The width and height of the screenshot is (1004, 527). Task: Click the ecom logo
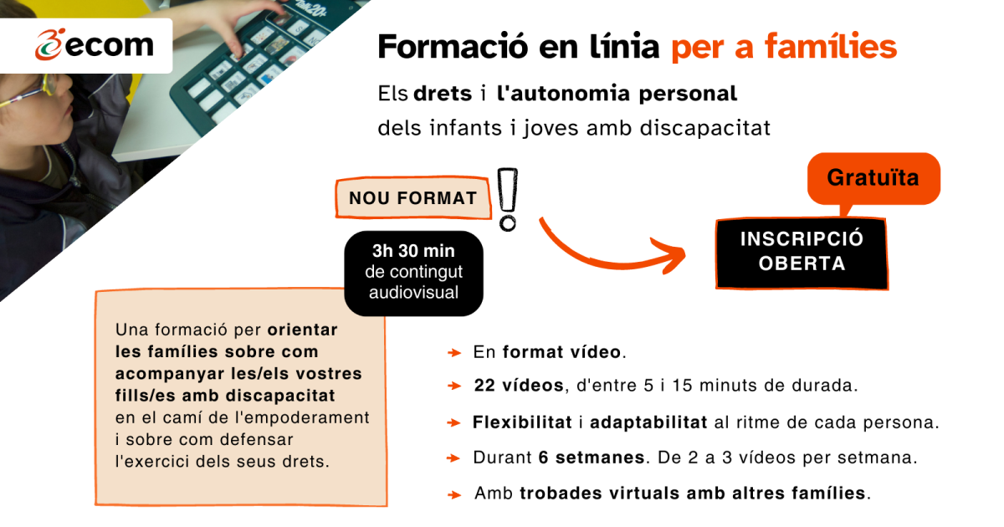point(95,45)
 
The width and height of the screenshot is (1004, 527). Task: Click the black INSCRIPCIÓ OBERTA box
point(802,253)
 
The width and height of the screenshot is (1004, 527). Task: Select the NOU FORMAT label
point(412,197)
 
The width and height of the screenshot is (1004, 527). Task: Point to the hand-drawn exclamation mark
point(508,199)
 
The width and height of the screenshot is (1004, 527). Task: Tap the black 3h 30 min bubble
point(413,273)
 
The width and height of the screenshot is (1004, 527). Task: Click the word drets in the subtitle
point(443,94)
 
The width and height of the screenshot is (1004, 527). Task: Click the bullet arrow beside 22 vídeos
point(454,386)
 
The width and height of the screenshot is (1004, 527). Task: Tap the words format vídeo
point(561,352)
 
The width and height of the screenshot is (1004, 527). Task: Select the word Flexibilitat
point(522,422)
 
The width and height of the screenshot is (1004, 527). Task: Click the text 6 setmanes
point(592,458)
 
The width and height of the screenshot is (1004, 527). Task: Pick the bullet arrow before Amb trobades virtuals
point(454,494)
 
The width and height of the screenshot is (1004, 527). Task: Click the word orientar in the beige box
point(303,330)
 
